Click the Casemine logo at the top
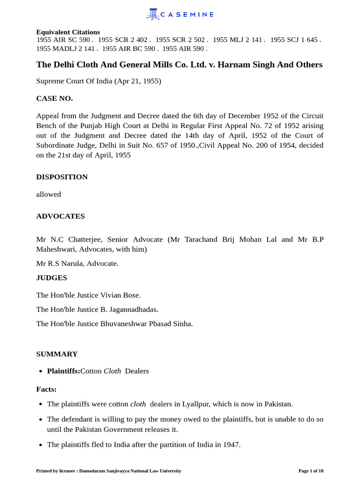[180, 15]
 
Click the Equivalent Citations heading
[68, 32]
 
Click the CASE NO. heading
[54, 98]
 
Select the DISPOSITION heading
[62, 177]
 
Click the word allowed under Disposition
[48, 194]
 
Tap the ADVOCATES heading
[60, 216]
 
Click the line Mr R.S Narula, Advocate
[77, 263]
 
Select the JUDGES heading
[52, 277]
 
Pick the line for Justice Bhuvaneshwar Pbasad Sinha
[114, 323]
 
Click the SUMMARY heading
[57, 354]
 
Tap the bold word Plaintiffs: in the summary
[63, 371]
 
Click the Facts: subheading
[46, 389]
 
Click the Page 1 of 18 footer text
[311, 471]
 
